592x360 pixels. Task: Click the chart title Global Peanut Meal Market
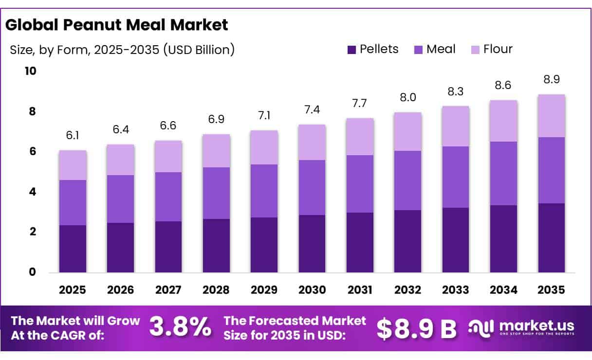(x=117, y=25)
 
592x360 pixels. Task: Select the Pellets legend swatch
(x=352, y=50)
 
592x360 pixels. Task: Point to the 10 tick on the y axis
(x=30, y=72)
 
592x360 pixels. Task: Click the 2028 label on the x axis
(x=216, y=290)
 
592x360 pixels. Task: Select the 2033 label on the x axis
(x=456, y=290)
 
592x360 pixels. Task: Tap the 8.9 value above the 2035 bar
(x=552, y=79)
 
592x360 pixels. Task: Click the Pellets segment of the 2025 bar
(x=73, y=249)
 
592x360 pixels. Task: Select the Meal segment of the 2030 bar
(x=312, y=187)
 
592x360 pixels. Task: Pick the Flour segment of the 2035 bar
(x=552, y=116)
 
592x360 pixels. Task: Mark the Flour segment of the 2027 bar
(x=168, y=156)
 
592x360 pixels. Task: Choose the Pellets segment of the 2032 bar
(x=408, y=241)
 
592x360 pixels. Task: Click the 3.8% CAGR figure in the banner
(x=180, y=327)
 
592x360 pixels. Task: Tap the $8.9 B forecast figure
(x=417, y=328)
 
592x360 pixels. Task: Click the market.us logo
(x=521, y=327)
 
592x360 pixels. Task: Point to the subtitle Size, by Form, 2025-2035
(x=122, y=49)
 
